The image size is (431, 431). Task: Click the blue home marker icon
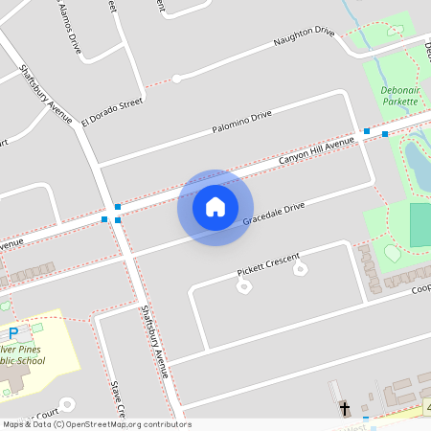point(215,207)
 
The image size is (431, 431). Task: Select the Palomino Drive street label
point(241,122)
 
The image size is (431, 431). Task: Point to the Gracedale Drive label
point(273,214)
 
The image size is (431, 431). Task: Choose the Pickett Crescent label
point(268,265)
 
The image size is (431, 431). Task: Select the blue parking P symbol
point(13,333)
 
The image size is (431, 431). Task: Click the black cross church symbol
point(345,409)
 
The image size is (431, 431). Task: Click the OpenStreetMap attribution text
point(96,424)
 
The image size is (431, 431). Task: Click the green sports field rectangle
point(420,223)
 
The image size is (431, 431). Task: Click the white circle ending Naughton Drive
point(176,79)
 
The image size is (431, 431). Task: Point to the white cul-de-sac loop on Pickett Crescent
point(301,270)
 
